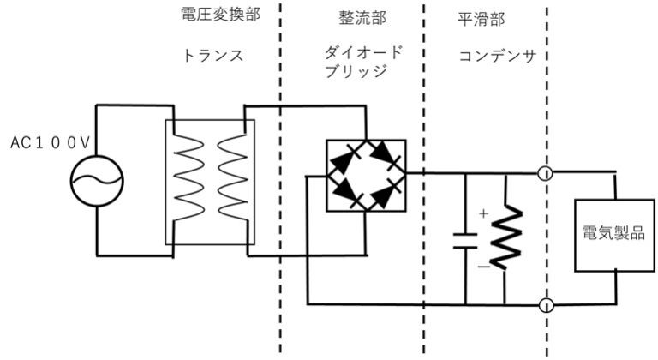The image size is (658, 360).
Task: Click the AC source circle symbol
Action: [x=97, y=179]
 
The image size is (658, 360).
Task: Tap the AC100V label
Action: [x=49, y=145]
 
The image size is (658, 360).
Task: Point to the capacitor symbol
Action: [x=464, y=237]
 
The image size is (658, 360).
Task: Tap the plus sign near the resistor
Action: [x=483, y=212]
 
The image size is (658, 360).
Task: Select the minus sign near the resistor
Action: [x=483, y=267]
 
